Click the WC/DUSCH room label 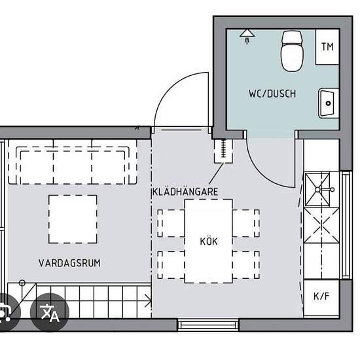(272, 94)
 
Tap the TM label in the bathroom (327, 46)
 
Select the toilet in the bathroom (292, 51)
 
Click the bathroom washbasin (329, 103)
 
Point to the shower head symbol (247, 37)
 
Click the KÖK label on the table (209, 242)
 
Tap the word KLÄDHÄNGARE (185, 192)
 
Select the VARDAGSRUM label (69, 263)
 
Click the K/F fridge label (321, 297)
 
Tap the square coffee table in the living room (73, 219)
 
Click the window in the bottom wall (208, 325)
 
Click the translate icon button (50, 312)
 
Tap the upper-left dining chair (171, 223)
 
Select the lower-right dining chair (246, 265)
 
